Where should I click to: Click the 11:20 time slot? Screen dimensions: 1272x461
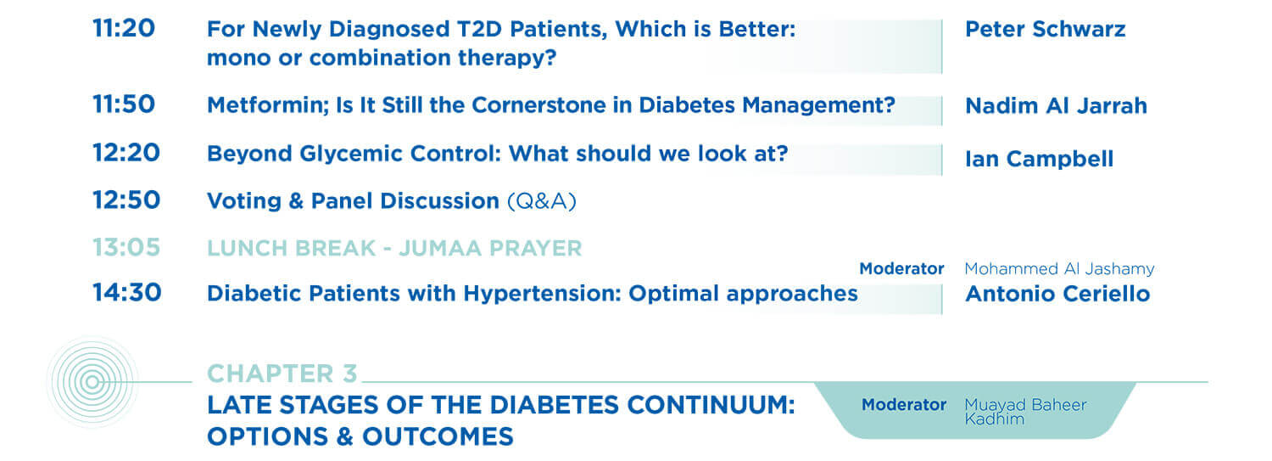tap(124, 28)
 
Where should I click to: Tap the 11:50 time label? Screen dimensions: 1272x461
tap(124, 104)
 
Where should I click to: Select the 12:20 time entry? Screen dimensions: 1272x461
tap(126, 152)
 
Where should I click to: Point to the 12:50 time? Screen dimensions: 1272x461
tap(126, 200)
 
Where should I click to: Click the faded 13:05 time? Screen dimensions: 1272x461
tap(126, 247)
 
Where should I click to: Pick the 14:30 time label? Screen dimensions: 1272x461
tap(127, 292)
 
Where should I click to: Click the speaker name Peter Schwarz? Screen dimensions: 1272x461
tap(1046, 29)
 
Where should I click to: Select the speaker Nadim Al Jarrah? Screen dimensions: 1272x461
tap(1057, 106)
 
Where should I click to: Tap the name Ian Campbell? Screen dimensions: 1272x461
tap(1039, 159)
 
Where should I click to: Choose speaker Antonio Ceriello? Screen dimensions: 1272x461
tap(1058, 294)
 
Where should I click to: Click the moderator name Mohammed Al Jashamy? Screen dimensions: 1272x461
tap(1060, 268)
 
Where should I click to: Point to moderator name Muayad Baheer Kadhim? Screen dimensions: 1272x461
tap(1025, 412)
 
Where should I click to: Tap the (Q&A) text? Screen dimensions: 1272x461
tap(542, 201)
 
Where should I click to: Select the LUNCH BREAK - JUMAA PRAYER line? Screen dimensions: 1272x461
tap(394, 249)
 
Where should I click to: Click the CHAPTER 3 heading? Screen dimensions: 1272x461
tap(282, 374)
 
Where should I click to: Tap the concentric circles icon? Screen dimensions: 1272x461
tap(92, 382)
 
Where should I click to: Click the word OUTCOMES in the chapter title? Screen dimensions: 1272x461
tap(438, 436)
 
